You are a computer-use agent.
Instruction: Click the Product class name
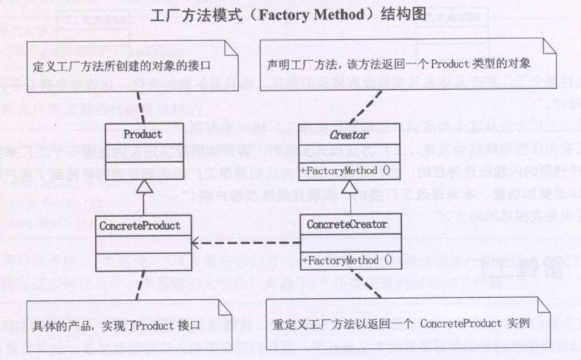[x=143, y=134]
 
